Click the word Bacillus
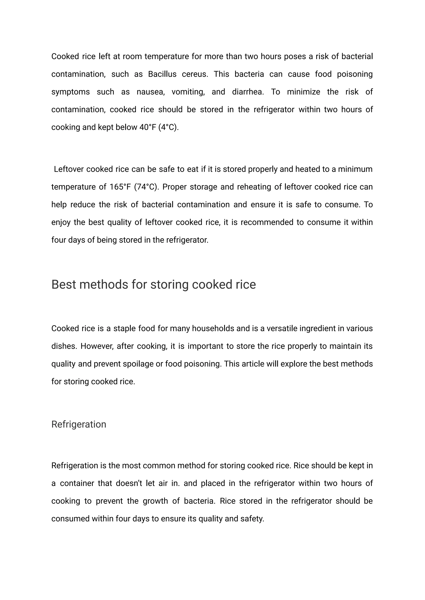click(162, 74)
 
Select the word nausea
click(150, 92)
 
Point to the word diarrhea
click(248, 92)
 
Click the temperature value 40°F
click(148, 127)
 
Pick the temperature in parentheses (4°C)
click(169, 127)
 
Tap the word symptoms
click(70, 92)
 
